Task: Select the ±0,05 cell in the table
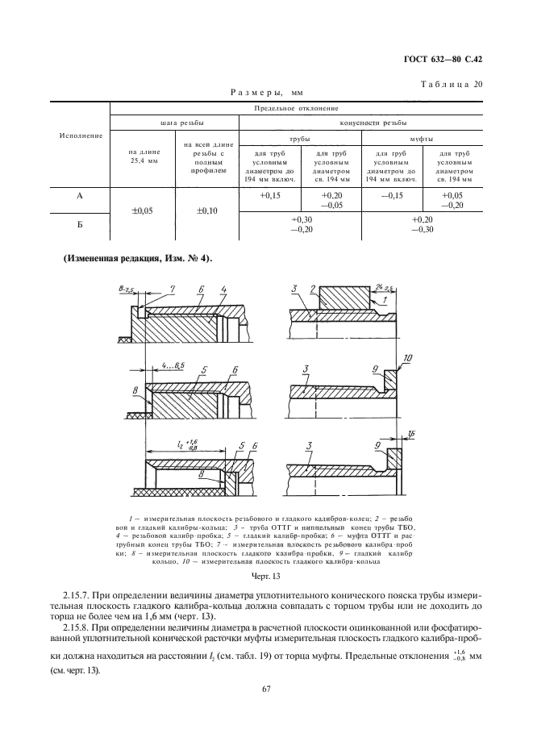pyautogui.click(x=141, y=210)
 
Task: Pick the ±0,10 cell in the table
pyautogui.click(x=209, y=210)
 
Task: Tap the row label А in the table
pyautogui.click(x=80, y=195)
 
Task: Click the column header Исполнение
pyautogui.click(x=80, y=135)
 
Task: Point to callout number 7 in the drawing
pyautogui.click(x=172, y=289)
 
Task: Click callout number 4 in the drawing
pyautogui.click(x=223, y=289)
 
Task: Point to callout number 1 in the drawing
pyautogui.click(x=385, y=299)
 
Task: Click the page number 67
pyautogui.click(x=265, y=688)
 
